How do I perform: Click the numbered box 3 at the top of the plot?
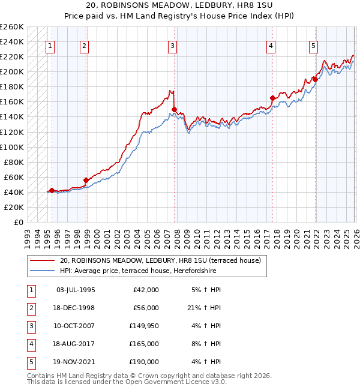[x=172, y=45]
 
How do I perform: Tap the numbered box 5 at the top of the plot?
[x=313, y=45]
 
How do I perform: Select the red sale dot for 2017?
[x=272, y=98]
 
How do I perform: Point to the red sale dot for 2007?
[x=175, y=109]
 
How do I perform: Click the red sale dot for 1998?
[x=86, y=180]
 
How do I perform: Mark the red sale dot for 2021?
[x=315, y=79]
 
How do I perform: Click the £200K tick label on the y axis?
[x=12, y=71]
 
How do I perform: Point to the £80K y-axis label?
[x=14, y=162]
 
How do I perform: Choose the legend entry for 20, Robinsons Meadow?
[x=160, y=261]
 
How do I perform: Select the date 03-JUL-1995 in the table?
[x=75, y=289]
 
